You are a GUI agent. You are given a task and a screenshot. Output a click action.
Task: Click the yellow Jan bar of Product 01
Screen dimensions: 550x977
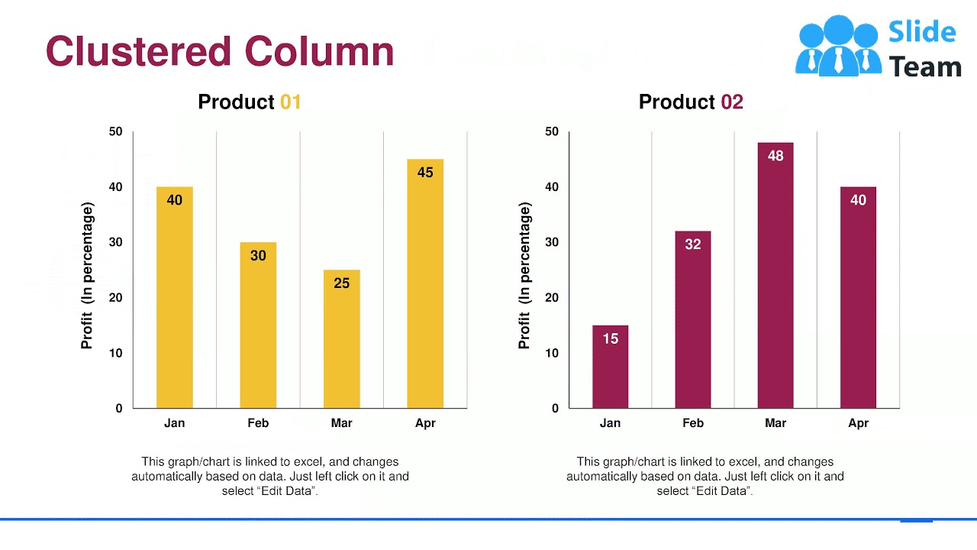[x=174, y=306]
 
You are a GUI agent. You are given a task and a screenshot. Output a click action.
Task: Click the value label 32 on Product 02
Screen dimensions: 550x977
[x=692, y=244]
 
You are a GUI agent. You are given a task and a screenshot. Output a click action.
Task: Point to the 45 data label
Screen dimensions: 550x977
[x=425, y=173]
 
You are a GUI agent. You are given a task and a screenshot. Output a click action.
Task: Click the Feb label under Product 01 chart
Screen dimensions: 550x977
[x=258, y=423]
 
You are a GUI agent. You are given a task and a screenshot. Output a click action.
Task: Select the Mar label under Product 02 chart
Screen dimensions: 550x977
[x=775, y=423]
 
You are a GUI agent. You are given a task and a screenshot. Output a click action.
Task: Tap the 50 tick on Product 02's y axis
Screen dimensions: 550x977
[x=551, y=131]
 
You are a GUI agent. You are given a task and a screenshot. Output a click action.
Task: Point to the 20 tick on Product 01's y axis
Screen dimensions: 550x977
[x=115, y=298]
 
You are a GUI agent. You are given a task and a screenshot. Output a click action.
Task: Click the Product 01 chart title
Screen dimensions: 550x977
[x=249, y=102]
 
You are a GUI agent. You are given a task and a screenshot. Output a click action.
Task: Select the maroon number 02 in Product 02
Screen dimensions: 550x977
[x=731, y=102]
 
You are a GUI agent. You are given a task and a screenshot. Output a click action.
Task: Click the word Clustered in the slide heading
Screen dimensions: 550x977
[x=138, y=51]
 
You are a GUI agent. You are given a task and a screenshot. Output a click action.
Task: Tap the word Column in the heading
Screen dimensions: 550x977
[x=319, y=51]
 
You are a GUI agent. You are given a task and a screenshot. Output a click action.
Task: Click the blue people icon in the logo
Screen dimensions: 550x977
[x=837, y=46]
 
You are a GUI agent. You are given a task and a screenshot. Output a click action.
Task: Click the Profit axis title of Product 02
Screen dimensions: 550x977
[x=524, y=276]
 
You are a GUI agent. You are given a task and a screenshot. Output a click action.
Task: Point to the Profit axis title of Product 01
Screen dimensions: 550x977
[x=87, y=276]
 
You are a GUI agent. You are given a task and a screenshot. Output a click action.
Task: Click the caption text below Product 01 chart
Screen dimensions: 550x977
[x=269, y=476]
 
